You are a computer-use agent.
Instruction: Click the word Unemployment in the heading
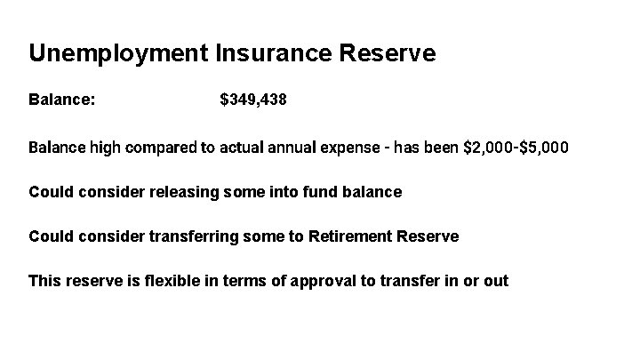tap(118, 53)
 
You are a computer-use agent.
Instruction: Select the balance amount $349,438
tap(253, 100)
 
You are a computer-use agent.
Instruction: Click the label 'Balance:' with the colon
tap(62, 100)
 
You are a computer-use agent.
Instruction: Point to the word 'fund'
tap(325, 191)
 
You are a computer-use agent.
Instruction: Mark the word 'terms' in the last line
tap(250, 281)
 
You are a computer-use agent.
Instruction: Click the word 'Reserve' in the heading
tap(387, 53)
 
